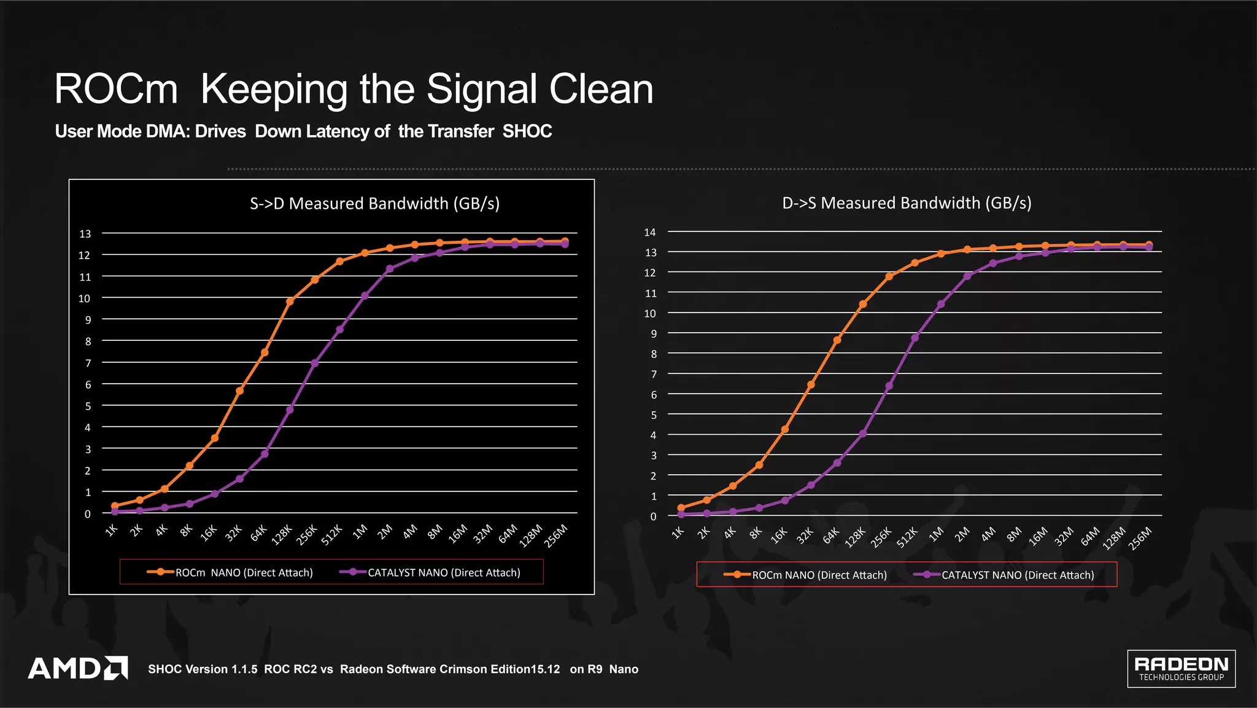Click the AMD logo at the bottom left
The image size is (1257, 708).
click(x=77, y=668)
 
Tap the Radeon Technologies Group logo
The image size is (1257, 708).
click(x=1181, y=668)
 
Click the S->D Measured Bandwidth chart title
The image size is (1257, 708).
click(x=374, y=203)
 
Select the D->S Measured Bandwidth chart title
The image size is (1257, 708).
click(x=907, y=203)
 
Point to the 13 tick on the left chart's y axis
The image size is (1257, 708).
click(x=85, y=233)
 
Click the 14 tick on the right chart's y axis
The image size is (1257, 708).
click(x=650, y=232)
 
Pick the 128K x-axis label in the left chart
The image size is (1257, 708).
click(x=282, y=534)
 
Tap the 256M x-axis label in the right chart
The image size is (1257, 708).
click(x=1140, y=538)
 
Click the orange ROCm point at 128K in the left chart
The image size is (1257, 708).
click(x=290, y=301)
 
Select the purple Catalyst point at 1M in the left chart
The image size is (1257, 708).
click(x=365, y=295)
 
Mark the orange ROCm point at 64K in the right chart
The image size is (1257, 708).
click(x=837, y=340)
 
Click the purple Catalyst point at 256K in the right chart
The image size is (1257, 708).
click(x=889, y=386)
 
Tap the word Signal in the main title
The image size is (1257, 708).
click(x=481, y=89)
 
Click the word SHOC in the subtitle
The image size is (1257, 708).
click(x=527, y=131)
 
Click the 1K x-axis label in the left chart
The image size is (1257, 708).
click(x=111, y=530)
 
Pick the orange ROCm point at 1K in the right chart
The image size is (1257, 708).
click(x=681, y=508)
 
